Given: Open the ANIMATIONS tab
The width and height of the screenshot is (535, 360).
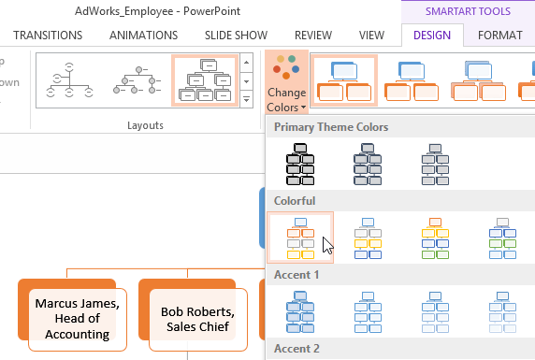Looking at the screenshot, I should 143,36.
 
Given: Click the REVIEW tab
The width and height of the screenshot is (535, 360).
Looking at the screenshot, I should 312,36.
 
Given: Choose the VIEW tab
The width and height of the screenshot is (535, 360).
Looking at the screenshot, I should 371,36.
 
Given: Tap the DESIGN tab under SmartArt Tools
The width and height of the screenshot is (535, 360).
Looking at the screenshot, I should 431,36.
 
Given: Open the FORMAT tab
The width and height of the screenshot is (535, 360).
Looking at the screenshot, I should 500,36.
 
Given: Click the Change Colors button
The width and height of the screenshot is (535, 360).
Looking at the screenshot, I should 286,80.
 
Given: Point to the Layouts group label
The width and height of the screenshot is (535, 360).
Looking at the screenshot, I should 144,124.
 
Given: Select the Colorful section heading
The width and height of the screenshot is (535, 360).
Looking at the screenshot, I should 295,200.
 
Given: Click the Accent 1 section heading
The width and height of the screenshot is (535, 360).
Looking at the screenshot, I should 297,274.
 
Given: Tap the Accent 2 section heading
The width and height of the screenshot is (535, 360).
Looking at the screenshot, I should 297,348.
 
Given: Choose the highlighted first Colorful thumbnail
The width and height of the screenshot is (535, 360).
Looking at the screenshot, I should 300,238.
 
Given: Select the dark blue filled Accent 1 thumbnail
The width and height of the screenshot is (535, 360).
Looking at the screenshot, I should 300,311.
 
